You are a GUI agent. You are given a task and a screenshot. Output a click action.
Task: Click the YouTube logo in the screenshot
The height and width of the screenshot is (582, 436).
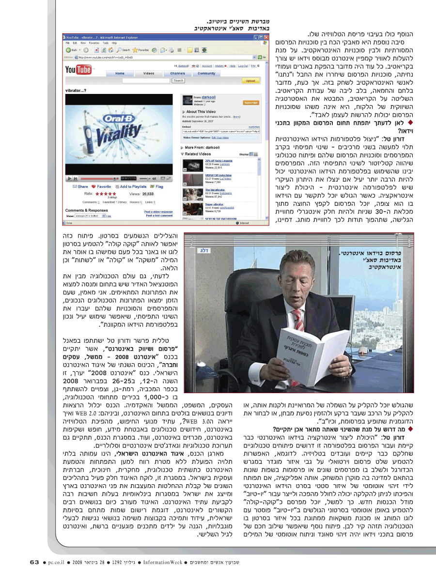pos(78,70)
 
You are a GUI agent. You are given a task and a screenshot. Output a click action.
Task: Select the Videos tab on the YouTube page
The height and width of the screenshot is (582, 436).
pos(149,73)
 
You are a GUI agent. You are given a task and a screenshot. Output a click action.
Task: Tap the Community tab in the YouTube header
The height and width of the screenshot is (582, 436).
pos(206,73)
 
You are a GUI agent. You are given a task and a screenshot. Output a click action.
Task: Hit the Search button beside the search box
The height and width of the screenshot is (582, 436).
pos(178,81)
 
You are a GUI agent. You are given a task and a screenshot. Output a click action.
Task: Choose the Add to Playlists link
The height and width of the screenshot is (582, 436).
pos(131,186)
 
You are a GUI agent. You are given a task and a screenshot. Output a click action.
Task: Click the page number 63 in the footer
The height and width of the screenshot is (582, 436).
pos(34,562)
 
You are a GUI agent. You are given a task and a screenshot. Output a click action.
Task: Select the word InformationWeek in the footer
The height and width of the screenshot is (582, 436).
pos(165,563)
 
